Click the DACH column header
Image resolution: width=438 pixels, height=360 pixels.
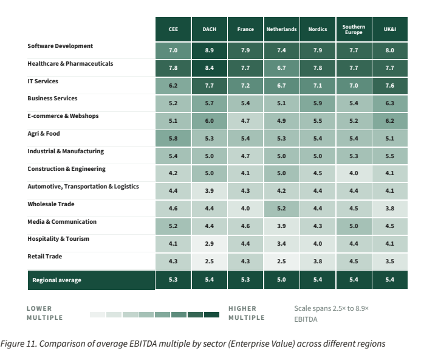click(x=209, y=29)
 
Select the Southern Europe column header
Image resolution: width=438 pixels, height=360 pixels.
click(x=354, y=29)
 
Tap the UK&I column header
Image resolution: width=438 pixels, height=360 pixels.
click(x=389, y=29)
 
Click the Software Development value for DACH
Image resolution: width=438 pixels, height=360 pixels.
click(x=209, y=50)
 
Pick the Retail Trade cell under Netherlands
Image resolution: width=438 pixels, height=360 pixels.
click(x=281, y=261)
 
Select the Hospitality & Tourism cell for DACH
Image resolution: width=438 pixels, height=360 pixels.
click(x=209, y=244)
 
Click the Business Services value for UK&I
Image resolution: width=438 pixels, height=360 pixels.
click(x=389, y=103)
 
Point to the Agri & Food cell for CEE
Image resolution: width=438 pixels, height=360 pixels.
click(x=173, y=139)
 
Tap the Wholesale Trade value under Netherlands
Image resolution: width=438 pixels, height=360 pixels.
click(x=281, y=209)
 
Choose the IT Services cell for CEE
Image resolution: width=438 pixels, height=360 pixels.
click(x=173, y=86)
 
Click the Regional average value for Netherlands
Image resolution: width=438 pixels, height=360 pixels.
click(x=281, y=280)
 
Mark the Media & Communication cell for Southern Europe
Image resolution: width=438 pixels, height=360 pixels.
click(x=354, y=226)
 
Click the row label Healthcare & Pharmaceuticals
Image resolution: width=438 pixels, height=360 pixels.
click(x=70, y=64)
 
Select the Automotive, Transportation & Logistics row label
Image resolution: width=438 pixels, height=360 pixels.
click(x=83, y=187)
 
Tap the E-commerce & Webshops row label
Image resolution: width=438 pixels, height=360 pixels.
click(x=63, y=116)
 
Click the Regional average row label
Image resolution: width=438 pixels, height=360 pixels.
click(x=56, y=280)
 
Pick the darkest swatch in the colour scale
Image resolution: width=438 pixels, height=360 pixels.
click(x=211, y=314)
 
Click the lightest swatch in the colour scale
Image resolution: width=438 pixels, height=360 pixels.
click(x=97, y=314)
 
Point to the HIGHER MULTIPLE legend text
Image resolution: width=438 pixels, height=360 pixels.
click(x=247, y=313)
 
